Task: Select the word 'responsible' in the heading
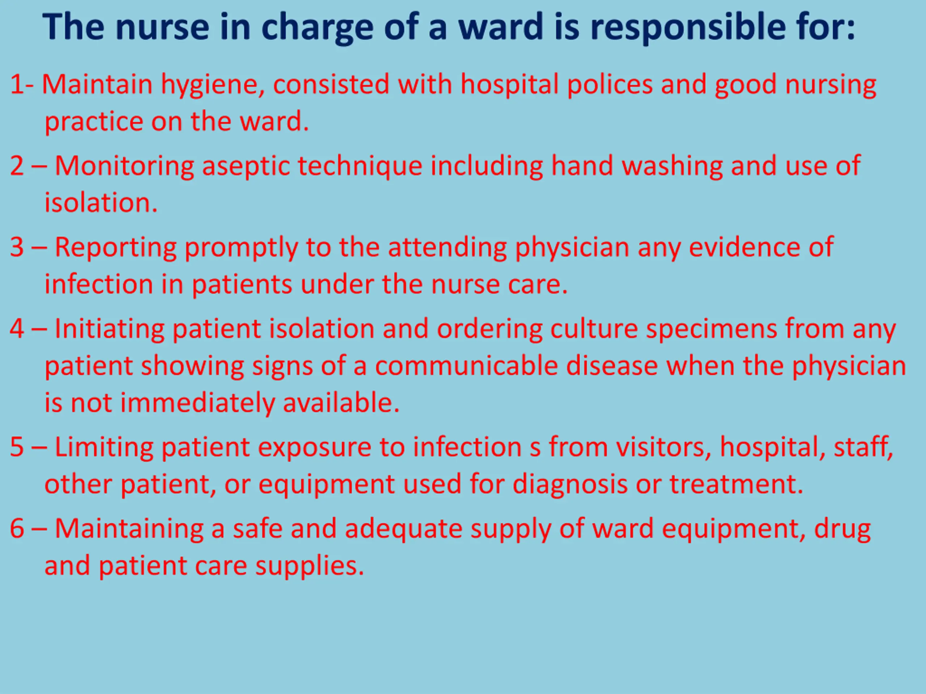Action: pos(688,27)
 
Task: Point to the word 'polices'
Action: pos(609,84)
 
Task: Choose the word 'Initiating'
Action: pos(109,330)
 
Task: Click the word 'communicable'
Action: pos(466,366)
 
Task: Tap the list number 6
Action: pos(17,528)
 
